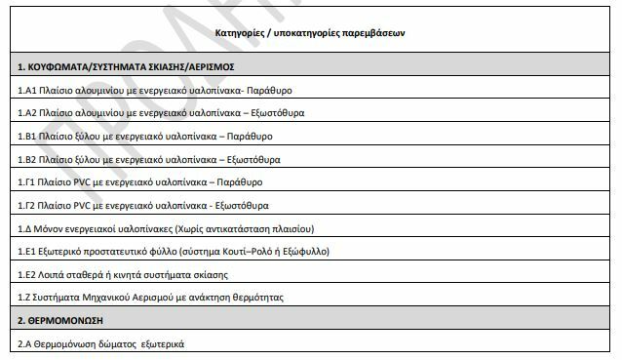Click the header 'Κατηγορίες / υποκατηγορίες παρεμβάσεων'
pos(311,32)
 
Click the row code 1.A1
pos(27,90)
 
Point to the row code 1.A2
pos(27,113)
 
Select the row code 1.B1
pos(27,136)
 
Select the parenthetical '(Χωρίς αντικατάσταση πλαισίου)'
pos(243,228)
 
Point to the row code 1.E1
pos(27,251)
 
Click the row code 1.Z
pos(24,297)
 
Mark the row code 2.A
pos(25,343)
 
